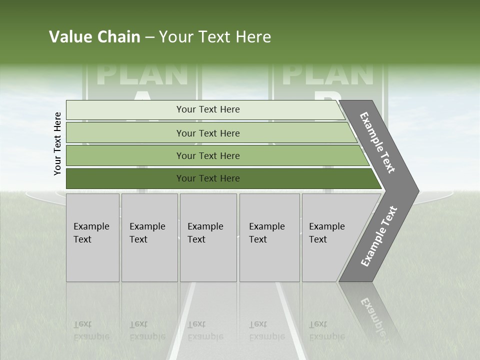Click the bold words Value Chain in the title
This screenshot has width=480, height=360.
point(94,37)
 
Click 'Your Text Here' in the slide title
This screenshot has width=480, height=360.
point(215,37)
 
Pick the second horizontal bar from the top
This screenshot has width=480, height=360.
point(207,133)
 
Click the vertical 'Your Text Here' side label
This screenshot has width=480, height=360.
point(57,143)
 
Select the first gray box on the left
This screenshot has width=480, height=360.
point(92,237)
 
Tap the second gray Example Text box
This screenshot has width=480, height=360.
point(149,237)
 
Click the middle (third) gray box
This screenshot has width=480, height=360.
point(208,237)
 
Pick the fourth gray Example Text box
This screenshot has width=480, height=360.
point(269,237)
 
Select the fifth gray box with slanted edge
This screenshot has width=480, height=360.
point(330,237)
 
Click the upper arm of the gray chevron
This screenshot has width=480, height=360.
point(378,143)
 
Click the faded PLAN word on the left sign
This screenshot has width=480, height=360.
point(142,73)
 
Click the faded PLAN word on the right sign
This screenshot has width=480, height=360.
point(328,73)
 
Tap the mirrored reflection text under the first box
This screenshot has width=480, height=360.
point(91,330)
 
